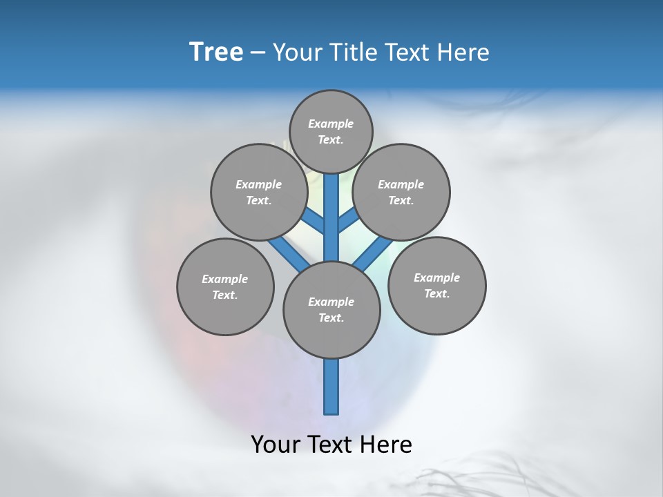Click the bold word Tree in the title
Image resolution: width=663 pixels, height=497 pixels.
coord(216,52)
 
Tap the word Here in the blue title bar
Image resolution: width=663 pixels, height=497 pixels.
coord(464,52)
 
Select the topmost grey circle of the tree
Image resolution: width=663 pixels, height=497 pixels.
coord(331,131)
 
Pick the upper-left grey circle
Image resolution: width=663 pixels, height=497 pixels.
coord(259,192)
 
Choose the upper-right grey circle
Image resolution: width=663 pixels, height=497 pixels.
coord(401,192)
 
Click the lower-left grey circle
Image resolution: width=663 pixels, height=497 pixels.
coord(225,286)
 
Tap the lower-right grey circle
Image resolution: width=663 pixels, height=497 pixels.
coord(436,285)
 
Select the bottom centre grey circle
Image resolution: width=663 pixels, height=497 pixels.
coord(331,309)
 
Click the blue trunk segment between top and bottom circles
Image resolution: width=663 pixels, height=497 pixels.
coord(331,217)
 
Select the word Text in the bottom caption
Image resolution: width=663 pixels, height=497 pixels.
coord(331,445)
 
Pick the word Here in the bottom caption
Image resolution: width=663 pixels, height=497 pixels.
coord(387,445)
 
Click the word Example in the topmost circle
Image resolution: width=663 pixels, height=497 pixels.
coord(331,124)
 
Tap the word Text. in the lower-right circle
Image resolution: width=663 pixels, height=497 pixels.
coord(436,293)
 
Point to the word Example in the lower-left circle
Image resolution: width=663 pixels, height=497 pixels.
coord(224,279)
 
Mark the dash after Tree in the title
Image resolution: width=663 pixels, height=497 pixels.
coord(257,52)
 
